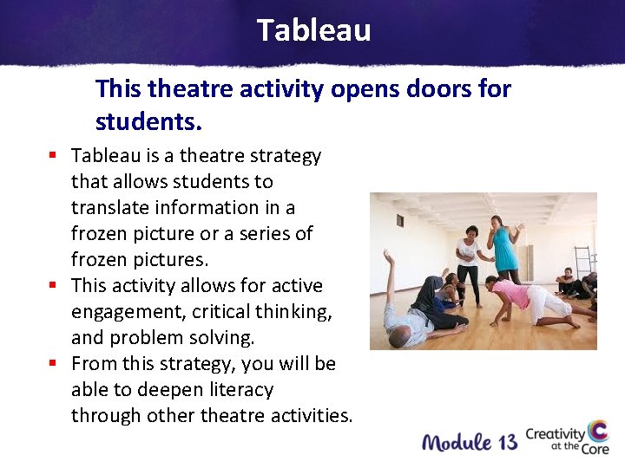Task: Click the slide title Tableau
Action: point(313,30)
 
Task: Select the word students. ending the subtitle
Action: point(148,122)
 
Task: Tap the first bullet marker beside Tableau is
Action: point(53,156)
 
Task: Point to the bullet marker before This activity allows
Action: point(53,286)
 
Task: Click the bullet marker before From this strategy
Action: point(53,364)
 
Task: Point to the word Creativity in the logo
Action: point(556,434)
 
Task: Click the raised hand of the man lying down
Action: point(388,256)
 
